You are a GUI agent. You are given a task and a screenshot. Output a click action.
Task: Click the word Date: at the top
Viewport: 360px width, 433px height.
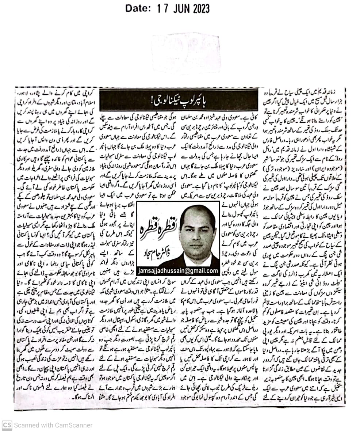[x=137, y=7]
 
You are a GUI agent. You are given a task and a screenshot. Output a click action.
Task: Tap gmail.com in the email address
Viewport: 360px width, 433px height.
[x=205, y=271]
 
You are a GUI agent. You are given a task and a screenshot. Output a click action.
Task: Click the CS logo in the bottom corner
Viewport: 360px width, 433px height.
[x=7, y=425]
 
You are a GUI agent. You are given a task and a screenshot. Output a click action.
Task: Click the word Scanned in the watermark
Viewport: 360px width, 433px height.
[x=27, y=425]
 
